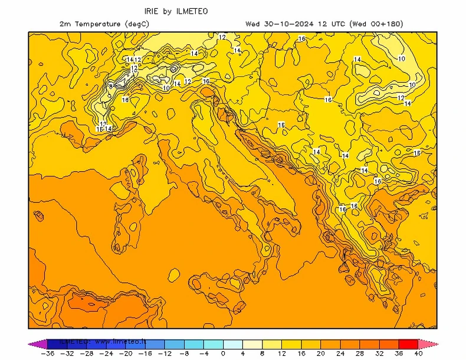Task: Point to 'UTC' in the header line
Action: point(337,24)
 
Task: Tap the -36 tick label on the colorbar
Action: point(48,354)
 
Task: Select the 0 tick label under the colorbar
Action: point(223,354)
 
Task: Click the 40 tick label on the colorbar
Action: point(418,354)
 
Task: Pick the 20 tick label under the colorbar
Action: point(320,354)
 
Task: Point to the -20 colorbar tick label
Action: point(126,354)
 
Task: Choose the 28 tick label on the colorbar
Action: point(359,354)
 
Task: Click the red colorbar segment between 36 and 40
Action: point(408,343)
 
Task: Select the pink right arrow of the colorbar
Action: point(428,343)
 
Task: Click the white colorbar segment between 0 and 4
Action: point(232,343)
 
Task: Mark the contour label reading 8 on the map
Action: point(110,87)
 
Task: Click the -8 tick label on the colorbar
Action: point(185,354)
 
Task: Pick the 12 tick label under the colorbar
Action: point(281,354)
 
